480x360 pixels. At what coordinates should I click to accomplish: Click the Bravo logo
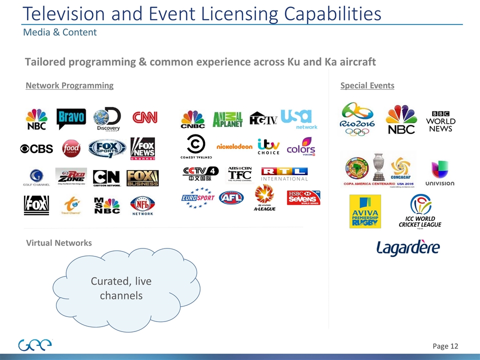pyautogui.click(x=71, y=119)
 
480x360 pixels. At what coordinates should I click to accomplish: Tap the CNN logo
pyautogui.click(x=144, y=117)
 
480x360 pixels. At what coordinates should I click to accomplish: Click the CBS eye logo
pyautogui.click(x=36, y=148)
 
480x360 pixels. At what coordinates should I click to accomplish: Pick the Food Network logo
pyautogui.click(x=71, y=148)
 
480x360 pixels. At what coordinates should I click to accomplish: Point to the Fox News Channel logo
pyautogui.click(x=143, y=148)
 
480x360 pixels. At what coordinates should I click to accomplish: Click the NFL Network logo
pyautogui.click(x=142, y=205)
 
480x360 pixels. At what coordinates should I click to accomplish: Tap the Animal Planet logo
pyautogui.click(x=227, y=119)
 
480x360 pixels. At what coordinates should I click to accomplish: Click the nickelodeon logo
pyautogui.click(x=234, y=146)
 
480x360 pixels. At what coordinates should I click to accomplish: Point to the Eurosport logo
pyautogui.click(x=197, y=198)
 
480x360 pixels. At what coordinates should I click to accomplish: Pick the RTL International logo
pyautogui.click(x=284, y=173)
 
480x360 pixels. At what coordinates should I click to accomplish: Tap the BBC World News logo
pyautogui.click(x=440, y=120)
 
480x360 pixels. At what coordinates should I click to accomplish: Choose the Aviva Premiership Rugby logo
pyautogui.click(x=365, y=211)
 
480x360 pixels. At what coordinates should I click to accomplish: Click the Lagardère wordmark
pyautogui.click(x=408, y=247)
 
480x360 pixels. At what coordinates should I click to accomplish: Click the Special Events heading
pyautogui.click(x=367, y=85)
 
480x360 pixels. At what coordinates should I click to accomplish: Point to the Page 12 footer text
pyautogui.click(x=445, y=345)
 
